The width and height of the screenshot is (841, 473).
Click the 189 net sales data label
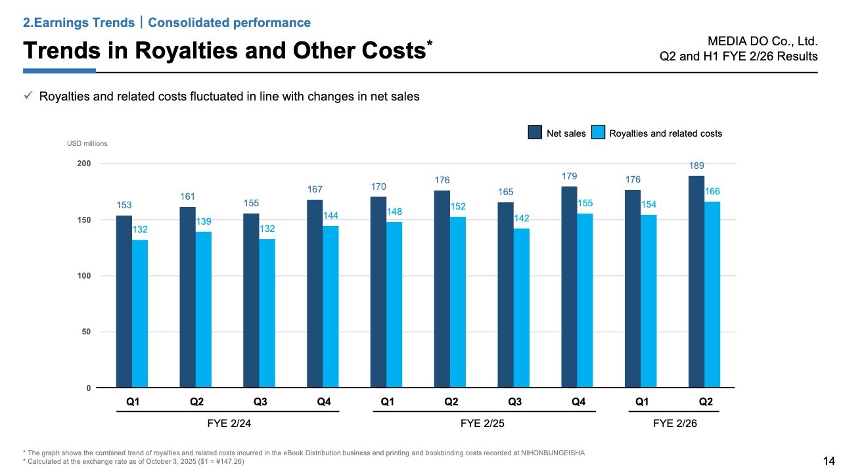click(x=696, y=166)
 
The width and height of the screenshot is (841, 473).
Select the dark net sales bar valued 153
click(x=124, y=302)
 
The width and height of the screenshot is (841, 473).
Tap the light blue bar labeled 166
click(x=712, y=294)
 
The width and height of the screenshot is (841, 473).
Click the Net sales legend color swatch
click(x=535, y=133)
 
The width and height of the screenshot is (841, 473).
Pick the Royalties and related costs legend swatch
click(x=598, y=133)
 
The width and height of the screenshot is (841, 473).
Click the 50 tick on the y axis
click(x=85, y=332)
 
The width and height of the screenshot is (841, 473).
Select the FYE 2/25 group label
click(x=483, y=424)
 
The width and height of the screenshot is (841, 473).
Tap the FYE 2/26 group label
click(x=675, y=424)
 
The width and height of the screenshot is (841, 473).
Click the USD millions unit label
click(x=87, y=143)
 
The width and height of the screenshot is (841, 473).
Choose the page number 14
click(x=829, y=461)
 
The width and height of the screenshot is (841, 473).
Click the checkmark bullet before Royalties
click(x=28, y=97)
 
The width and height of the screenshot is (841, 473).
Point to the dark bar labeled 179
click(x=569, y=287)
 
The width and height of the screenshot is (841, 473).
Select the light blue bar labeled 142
click(x=521, y=308)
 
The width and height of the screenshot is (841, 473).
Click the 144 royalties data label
click(x=330, y=215)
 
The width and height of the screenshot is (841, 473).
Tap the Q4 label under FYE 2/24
click(x=323, y=401)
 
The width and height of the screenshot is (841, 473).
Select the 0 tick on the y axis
click(x=88, y=388)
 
